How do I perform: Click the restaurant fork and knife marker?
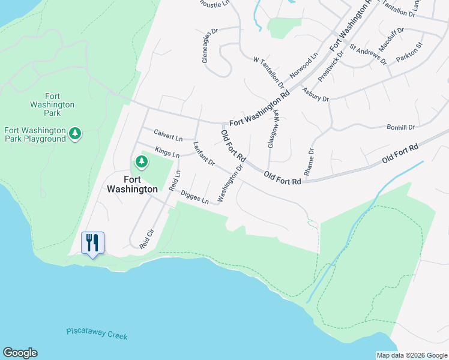(92, 243)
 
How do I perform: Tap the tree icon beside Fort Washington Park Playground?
(75, 133)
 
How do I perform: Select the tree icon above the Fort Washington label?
(141, 161)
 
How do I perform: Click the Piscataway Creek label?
(97, 334)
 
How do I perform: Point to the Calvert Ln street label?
(168, 134)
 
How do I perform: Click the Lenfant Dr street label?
(203, 154)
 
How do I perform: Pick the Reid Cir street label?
(147, 239)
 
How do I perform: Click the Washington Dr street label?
(231, 184)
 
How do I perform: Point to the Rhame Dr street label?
(309, 162)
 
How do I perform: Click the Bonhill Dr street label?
(401, 127)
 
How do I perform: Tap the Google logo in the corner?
(20, 353)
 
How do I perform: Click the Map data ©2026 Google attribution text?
(412, 355)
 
